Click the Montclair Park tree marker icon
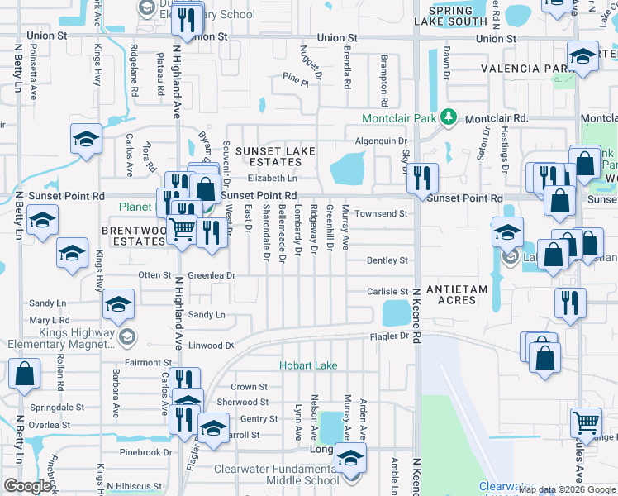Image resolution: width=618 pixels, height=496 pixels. [449, 118]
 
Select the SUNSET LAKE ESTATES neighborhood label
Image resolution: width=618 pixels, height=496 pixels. [276, 157]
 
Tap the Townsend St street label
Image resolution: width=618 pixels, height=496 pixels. [382, 214]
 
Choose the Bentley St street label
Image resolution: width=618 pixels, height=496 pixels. [387, 260]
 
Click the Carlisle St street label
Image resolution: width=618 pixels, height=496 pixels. [388, 292]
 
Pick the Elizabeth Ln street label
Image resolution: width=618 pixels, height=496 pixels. [272, 178]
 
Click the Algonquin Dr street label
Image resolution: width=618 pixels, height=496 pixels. [385, 141]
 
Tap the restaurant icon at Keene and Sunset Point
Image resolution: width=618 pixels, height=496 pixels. [422, 177]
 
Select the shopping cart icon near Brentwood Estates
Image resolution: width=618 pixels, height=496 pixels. [183, 229]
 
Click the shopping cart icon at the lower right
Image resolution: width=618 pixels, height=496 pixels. [586, 422]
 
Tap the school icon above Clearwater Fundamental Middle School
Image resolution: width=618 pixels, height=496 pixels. [351, 458]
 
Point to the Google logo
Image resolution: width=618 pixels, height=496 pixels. [27, 486]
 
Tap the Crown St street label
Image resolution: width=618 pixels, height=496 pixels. [249, 386]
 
